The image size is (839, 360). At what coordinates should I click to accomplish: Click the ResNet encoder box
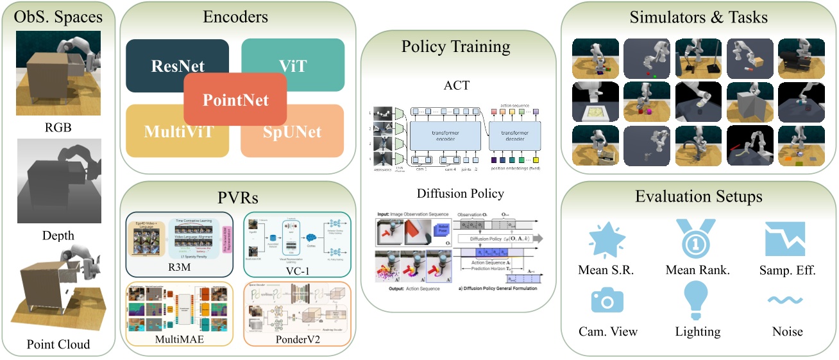[x=160, y=64]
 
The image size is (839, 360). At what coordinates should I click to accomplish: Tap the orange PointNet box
[x=235, y=99]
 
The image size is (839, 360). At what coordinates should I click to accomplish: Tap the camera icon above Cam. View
[x=607, y=300]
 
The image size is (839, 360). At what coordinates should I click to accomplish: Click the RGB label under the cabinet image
[x=58, y=127]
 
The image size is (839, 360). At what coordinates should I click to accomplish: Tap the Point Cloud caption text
[x=58, y=345]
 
